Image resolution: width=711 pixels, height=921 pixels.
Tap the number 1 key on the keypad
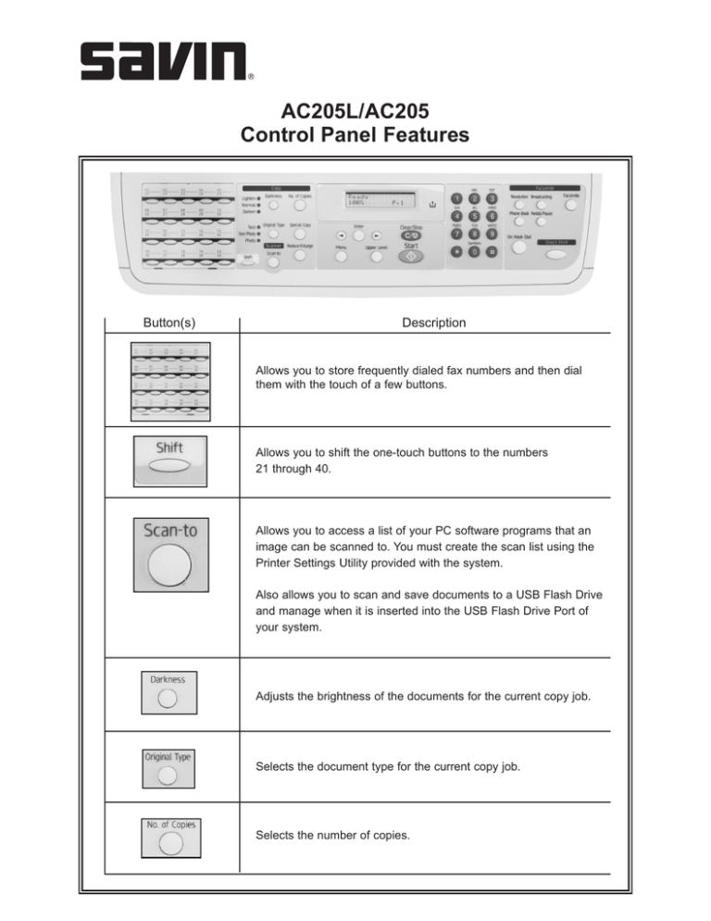[x=456, y=199]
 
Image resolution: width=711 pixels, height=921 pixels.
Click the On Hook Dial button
[x=518, y=247]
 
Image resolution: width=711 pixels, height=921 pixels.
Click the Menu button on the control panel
[x=341, y=258]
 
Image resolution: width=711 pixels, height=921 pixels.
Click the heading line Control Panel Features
[x=355, y=136]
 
